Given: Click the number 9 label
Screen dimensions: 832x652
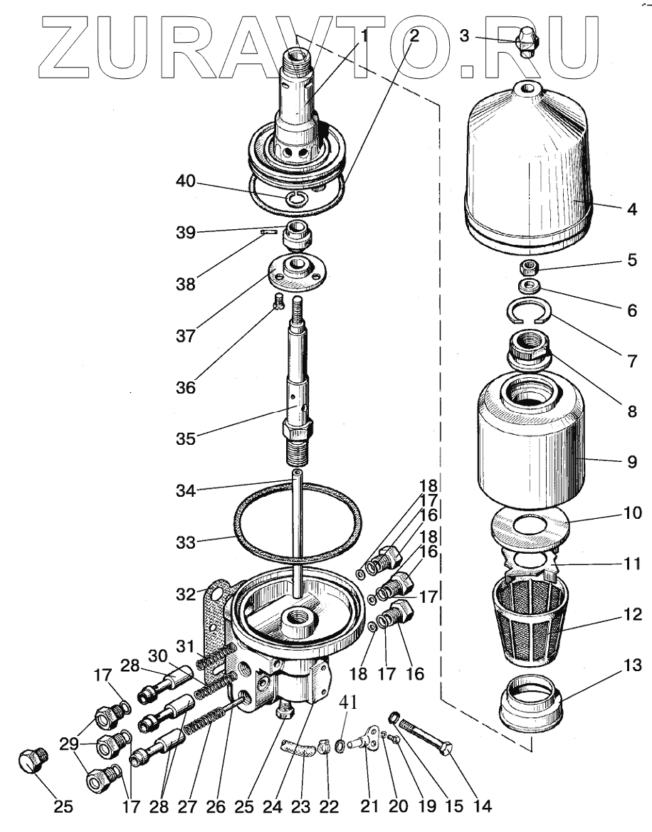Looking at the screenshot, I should tap(631, 461).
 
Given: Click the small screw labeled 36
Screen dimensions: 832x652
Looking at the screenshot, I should tap(278, 302).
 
